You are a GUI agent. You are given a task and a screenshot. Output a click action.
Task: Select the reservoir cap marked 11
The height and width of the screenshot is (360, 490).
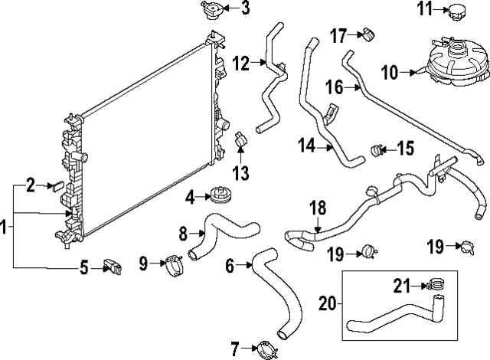(x=458, y=11)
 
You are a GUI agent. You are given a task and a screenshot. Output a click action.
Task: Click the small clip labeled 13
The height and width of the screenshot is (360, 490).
(x=240, y=142)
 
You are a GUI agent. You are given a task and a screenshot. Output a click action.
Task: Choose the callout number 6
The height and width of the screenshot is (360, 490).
(x=229, y=266)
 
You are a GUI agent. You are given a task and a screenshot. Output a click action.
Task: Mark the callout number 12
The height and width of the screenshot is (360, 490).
(x=241, y=64)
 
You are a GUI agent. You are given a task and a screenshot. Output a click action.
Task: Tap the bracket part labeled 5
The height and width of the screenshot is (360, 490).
(x=113, y=267)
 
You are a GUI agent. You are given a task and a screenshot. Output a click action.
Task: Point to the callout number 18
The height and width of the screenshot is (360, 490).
(x=318, y=208)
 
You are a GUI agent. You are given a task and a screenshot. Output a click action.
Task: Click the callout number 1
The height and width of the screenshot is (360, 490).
(x=5, y=227)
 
